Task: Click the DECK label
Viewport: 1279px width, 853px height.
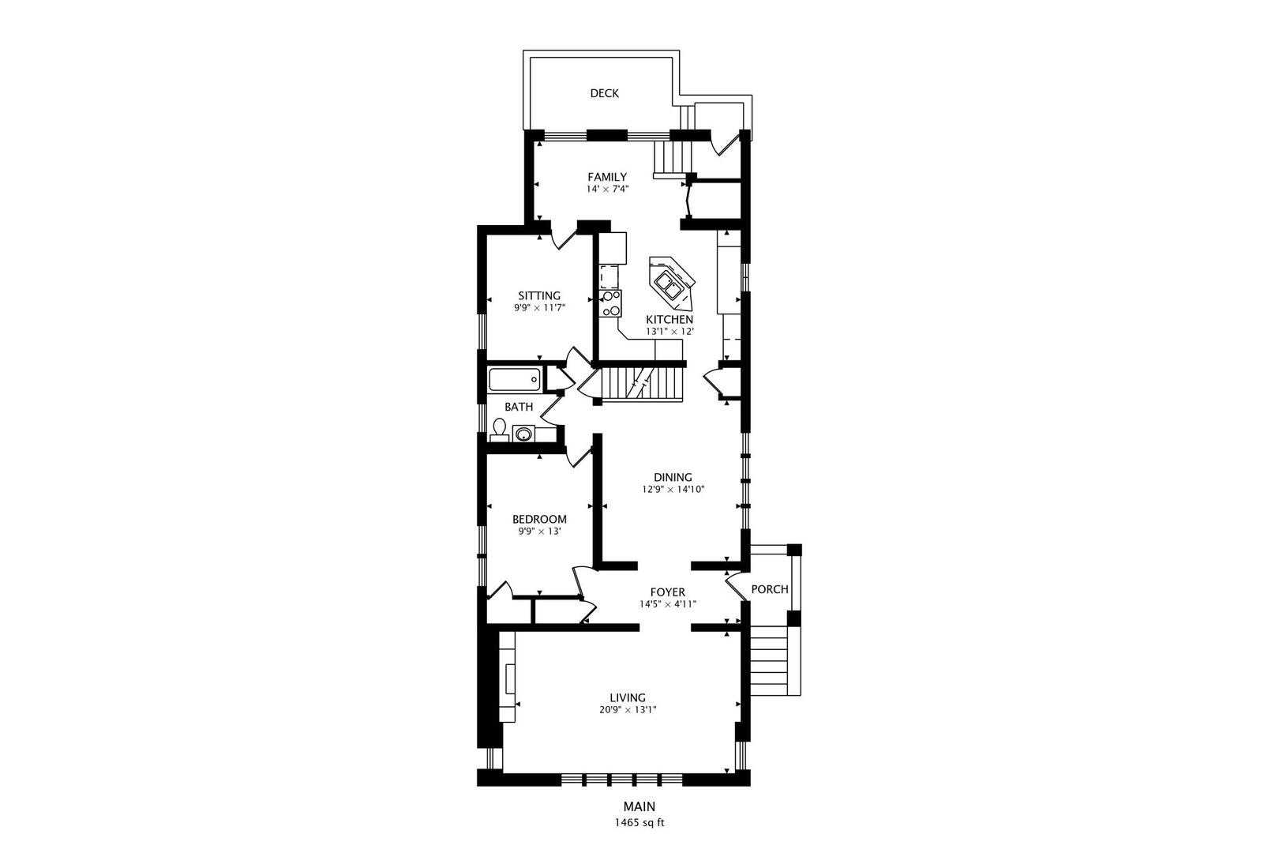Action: click(604, 93)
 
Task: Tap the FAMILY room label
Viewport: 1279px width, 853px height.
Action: click(607, 177)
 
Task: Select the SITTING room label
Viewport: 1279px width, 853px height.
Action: click(539, 296)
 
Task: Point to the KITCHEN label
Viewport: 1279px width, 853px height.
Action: click(670, 319)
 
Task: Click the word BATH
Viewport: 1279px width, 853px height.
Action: click(519, 407)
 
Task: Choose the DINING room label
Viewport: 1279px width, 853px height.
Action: click(673, 477)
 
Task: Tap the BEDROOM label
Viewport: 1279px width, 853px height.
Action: click(539, 520)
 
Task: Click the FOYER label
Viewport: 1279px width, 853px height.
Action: click(667, 592)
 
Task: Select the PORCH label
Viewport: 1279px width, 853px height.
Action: click(770, 589)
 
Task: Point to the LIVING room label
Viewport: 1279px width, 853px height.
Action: click(628, 697)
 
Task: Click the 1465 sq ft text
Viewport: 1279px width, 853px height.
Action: click(639, 823)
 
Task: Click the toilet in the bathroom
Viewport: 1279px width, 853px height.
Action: click(499, 430)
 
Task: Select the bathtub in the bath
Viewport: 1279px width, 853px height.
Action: click(515, 380)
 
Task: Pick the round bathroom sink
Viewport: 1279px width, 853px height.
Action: click(523, 434)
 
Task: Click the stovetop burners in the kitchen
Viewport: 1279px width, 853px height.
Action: click(610, 303)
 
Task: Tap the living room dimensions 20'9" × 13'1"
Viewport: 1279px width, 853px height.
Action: click(628, 710)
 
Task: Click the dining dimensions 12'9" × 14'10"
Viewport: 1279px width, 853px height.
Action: click(673, 490)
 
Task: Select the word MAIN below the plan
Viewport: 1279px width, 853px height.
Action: click(639, 806)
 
